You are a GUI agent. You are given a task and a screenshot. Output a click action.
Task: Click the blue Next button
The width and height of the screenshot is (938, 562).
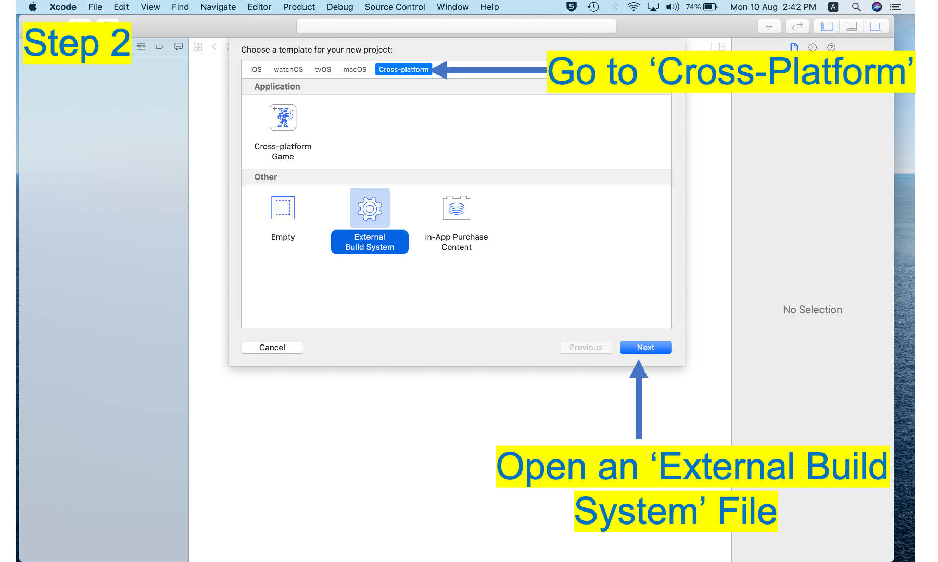click(645, 348)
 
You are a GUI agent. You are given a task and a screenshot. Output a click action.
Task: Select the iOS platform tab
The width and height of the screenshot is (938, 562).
click(256, 69)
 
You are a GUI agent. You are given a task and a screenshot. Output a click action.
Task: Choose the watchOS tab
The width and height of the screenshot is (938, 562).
click(288, 69)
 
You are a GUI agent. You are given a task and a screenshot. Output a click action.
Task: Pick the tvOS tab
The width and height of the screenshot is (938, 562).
click(323, 69)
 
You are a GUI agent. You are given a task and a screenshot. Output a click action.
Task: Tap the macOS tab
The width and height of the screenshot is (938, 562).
click(354, 69)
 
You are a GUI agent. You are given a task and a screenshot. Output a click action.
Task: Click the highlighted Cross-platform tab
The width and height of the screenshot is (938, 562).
click(403, 69)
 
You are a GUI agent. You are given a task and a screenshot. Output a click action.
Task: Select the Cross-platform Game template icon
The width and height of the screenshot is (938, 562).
click(283, 118)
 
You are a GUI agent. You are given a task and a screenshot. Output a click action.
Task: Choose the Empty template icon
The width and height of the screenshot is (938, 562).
click(283, 208)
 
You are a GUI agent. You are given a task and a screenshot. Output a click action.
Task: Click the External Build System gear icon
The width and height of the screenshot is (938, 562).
click(370, 208)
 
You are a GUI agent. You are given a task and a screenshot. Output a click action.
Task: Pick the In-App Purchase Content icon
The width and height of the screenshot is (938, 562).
click(457, 208)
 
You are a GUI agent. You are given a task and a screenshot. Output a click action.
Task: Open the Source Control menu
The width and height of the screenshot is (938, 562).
click(395, 7)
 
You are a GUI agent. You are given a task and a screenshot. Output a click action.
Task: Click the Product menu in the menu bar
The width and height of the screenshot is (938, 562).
click(299, 7)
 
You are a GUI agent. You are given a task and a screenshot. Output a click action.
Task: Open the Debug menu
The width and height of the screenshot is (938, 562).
click(340, 7)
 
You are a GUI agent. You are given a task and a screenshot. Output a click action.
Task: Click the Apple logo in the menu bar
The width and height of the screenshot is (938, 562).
click(33, 7)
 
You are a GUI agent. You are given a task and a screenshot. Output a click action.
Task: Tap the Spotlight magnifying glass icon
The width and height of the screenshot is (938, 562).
click(856, 7)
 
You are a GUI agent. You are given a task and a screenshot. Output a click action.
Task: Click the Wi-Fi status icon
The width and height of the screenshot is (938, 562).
click(633, 7)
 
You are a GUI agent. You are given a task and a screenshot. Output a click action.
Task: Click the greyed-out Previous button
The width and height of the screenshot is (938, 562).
click(586, 348)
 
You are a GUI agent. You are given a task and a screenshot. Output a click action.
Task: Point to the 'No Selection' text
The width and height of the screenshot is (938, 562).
click(812, 310)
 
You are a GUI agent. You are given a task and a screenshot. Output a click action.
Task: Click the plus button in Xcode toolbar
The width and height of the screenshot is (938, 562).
click(769, 26)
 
